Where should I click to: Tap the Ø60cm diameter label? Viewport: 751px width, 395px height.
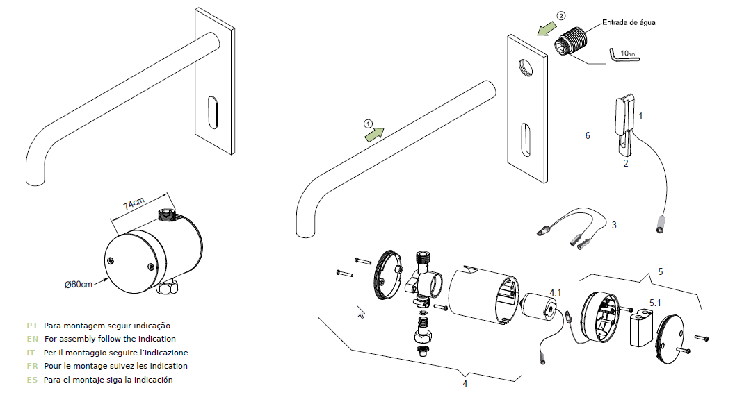(x=79, y=285)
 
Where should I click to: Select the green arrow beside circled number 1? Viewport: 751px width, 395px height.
(x=375, y=135)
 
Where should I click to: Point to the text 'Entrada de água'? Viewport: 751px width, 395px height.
(x=629, y=22)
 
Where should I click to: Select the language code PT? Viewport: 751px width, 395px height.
(x=32, y=326)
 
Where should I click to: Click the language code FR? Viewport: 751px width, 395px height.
(x=32, y=366)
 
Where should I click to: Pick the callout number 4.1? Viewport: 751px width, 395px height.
(x=556, y=292)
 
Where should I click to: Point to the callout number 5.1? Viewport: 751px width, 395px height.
(x=655, y=303)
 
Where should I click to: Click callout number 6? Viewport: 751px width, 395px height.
(x=588, y=136)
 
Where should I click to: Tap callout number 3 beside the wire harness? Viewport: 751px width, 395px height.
(x=614, y=225)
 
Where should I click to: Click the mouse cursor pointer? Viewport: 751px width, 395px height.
(x=360, y=312)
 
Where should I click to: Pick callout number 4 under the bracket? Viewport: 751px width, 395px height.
(x=465, y=383)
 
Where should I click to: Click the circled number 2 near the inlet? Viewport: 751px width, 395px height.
(x=561, y=16)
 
